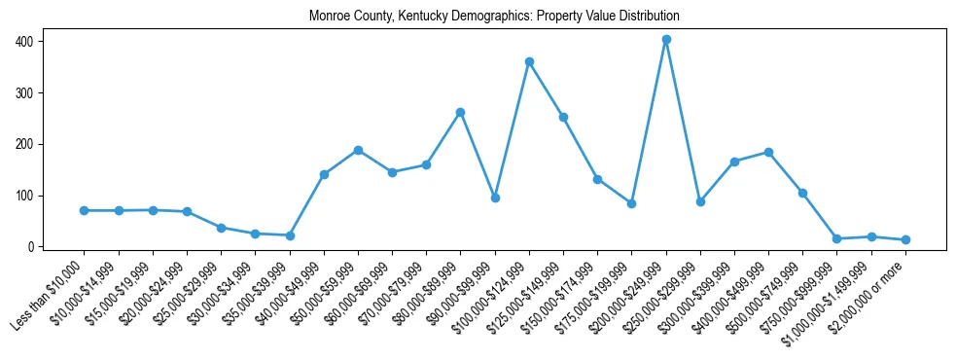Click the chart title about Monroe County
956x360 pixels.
click(494, 17)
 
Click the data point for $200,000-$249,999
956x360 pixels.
click(666, 40)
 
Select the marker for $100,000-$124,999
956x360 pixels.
click(529, 61)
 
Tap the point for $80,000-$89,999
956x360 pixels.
click(461, 112)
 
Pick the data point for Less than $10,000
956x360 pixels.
click(85, 210)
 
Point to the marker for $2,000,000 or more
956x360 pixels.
click(905, 239)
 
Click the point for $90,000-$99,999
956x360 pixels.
click(495, 198)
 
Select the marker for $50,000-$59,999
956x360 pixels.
click(358, 150)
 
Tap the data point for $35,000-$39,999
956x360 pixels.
click(290, 235)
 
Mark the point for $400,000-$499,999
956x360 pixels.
click(768, 152)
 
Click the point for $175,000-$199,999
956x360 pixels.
click(631, 203)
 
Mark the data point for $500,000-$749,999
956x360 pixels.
click(802, 193)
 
